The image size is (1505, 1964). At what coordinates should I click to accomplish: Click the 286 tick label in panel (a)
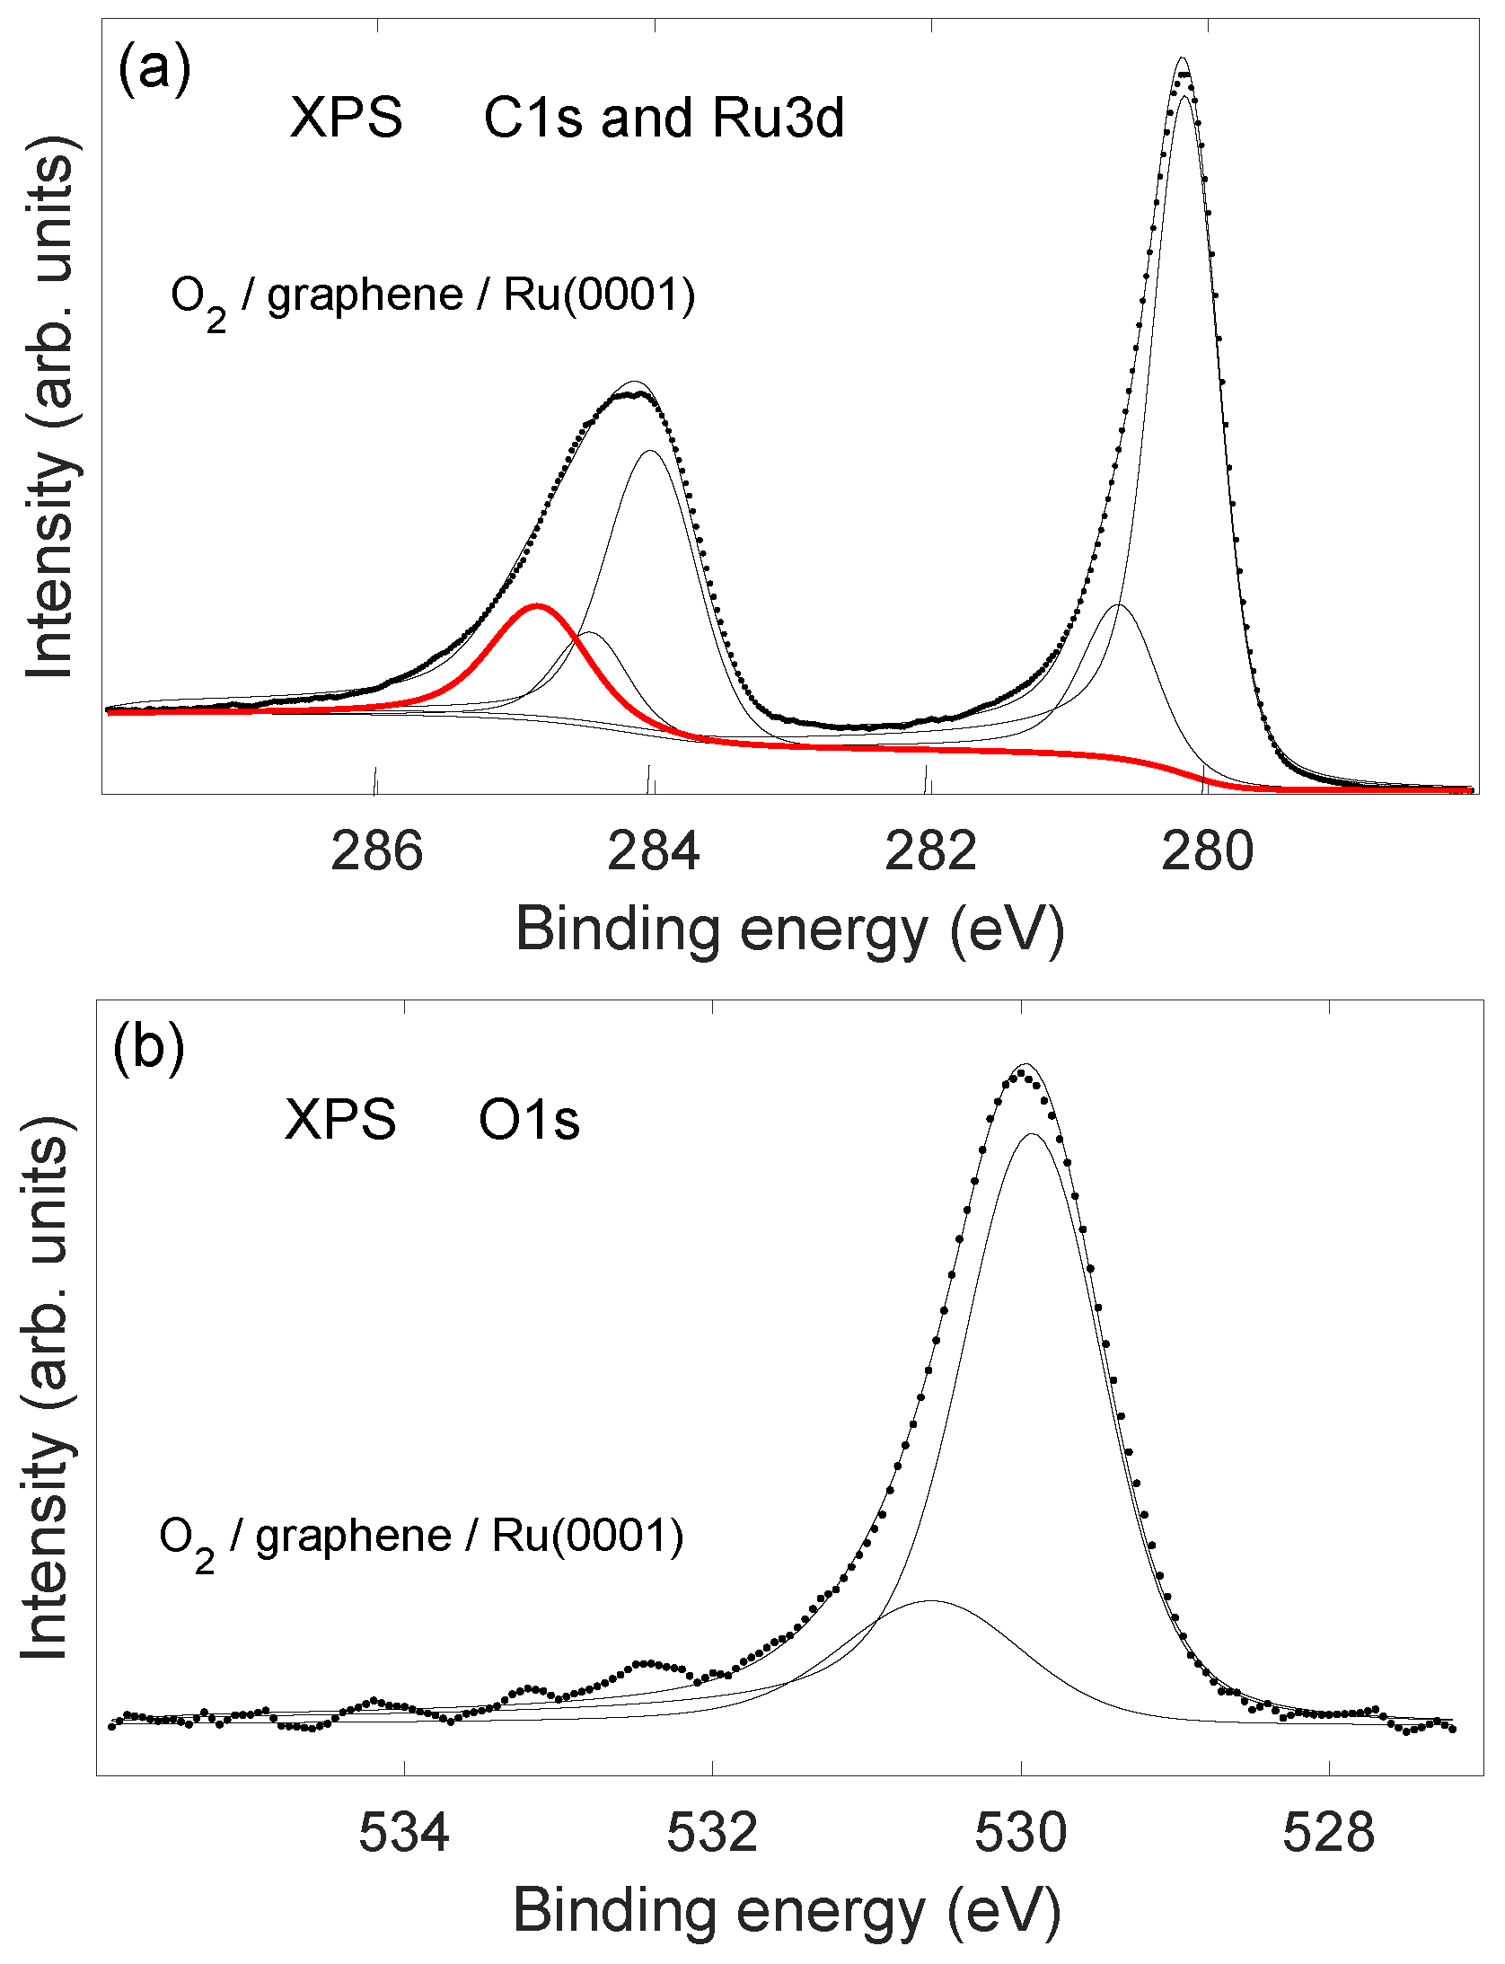point(376,851)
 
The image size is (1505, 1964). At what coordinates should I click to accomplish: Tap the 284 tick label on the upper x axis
point(653,851)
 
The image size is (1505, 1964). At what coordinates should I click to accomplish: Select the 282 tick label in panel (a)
point(930,851)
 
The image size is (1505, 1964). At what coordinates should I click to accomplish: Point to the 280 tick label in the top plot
point(1207,851)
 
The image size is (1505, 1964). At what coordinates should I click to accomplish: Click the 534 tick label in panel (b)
point(404,1832)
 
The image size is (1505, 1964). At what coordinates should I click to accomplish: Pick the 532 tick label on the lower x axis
point(712,1832)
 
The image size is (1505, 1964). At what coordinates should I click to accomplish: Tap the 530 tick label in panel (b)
point(1021,1832)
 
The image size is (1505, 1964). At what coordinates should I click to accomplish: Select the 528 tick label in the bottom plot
point(1328,1832)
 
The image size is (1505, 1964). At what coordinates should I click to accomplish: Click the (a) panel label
point(154,68)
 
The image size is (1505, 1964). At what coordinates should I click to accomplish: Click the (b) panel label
point(148,1047)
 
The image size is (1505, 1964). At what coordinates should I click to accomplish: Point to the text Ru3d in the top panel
point(778,118)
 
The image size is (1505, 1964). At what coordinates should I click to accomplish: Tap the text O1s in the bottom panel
point(529,1121)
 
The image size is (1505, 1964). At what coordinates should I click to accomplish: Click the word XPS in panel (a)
point(346,118)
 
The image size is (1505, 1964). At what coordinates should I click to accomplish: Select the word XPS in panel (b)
point(340,1121)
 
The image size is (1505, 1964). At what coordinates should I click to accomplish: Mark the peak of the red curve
point(537,605)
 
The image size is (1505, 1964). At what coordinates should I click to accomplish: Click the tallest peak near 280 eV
point(1183,59)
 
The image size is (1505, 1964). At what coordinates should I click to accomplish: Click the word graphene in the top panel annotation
point(365,295)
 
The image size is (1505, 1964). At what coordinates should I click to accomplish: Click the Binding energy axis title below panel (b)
point(787,1911)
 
